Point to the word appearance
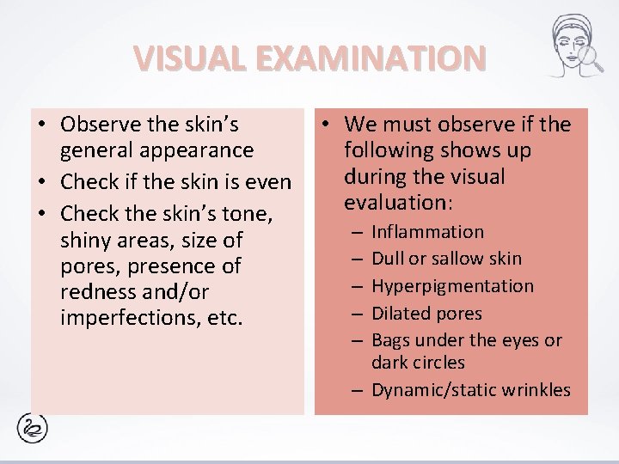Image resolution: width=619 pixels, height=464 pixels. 199,150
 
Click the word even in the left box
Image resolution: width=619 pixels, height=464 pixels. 269,183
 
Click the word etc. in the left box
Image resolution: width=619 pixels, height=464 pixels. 226,318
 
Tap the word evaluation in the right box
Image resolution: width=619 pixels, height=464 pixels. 393,203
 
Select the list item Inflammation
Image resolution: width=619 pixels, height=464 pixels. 427,232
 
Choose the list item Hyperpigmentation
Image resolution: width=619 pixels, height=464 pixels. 452,286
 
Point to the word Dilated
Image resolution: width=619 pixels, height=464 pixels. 399,314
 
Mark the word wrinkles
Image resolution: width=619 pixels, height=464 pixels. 537,390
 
